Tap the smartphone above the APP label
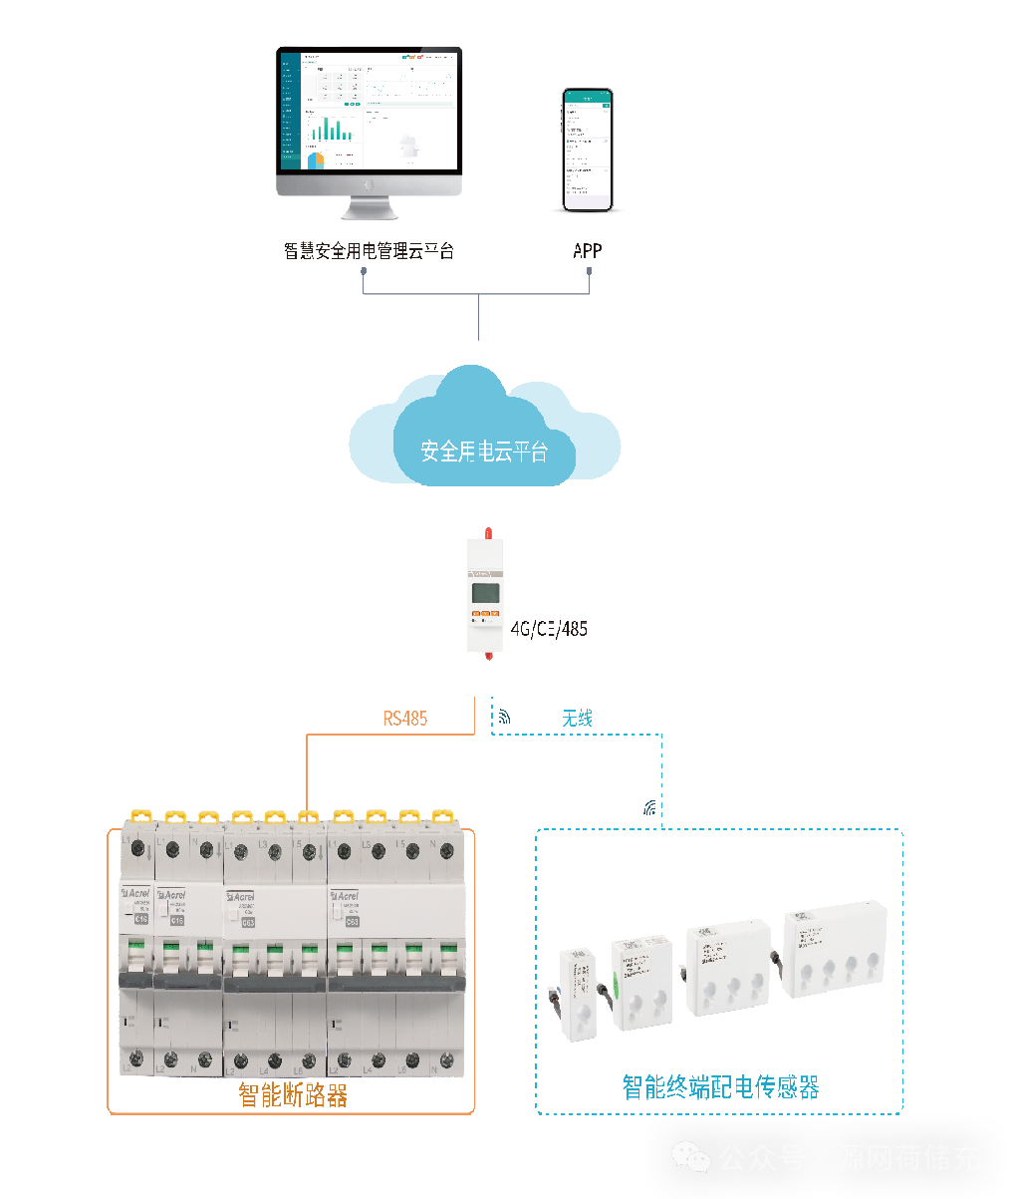[x=588, y=150]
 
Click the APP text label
[x=588, y=250]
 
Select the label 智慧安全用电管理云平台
[x=369, y=251]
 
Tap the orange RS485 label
[x=405, y=718]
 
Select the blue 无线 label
[x=578, y=718]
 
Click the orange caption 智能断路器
[x=293, y=1095]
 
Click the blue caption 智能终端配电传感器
[x=720, y=1086]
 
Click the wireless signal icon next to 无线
[x=505, y=716]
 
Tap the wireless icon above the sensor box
[x=650, y=807]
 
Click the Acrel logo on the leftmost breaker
[x=139, y=896]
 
